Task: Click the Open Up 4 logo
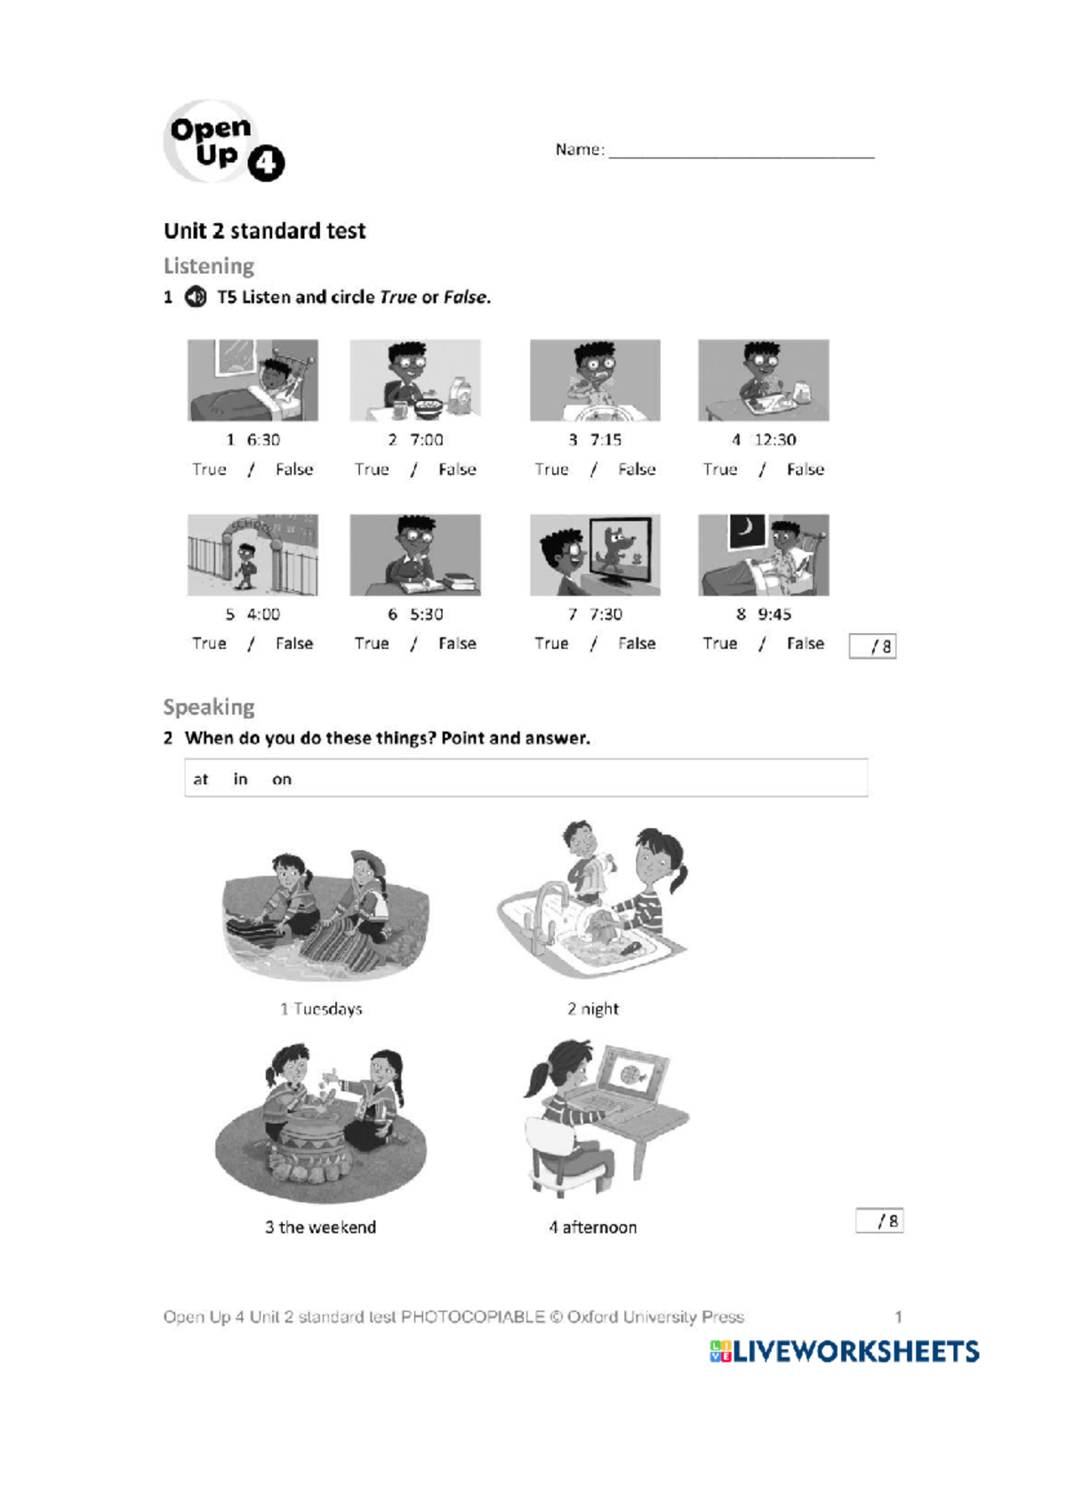[x=224, y=141]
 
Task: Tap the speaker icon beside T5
[x=196, y=296]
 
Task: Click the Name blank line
[x=742, y=156]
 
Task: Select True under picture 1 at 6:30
[x=209, y=469]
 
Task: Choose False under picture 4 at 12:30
[x=805, y=469]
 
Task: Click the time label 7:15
[x=606, y=439]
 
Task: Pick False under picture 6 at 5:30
[x=457, y=644]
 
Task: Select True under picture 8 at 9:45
[x=719, y=644]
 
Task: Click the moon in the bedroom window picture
[x=746, y=530]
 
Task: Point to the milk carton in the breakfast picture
[x=461, y=396]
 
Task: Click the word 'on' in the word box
[x=281, y=780]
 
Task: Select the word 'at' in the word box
[x=200, y=779]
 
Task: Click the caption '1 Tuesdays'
[x=321, y=1008]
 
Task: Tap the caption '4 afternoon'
[x=592, y=1227]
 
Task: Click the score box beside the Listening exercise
[x=872, y=646]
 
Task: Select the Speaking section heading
[x=209, y=708]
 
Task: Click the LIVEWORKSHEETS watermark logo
[x=844, y=1352]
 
